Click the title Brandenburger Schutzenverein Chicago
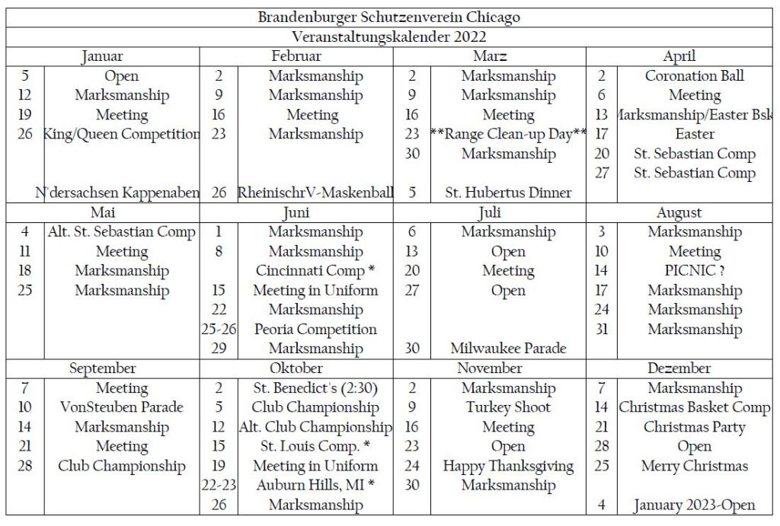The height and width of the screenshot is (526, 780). [389, 17]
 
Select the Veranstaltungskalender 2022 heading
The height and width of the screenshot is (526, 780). [389, 37]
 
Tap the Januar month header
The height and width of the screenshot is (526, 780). [101, 56]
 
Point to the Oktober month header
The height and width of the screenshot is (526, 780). [296, 368]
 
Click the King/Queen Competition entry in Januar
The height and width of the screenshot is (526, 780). [122, 134]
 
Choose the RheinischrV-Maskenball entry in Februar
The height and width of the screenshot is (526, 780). [315, 193]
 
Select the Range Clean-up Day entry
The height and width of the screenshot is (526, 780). [508, 134]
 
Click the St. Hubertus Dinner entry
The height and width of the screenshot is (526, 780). [508, 193]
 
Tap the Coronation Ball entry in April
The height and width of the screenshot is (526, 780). [695, 76]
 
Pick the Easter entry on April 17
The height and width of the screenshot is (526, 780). [695, 134]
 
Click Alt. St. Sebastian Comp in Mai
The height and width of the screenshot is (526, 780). [122, 231]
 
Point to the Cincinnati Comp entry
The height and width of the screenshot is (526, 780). [315, 271]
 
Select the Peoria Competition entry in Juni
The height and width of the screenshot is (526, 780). [315, 330]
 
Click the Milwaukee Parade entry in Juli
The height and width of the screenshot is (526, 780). [508, 349]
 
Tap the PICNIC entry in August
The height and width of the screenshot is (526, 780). [695, 271]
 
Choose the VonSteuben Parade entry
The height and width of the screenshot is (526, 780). [122, 407]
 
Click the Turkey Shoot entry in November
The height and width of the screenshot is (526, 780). [508, 407]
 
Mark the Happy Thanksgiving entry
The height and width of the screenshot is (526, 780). [508, 466]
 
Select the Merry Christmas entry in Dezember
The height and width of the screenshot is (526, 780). [695, 466]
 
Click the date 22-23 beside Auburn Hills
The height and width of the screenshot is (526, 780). [219, 485]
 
